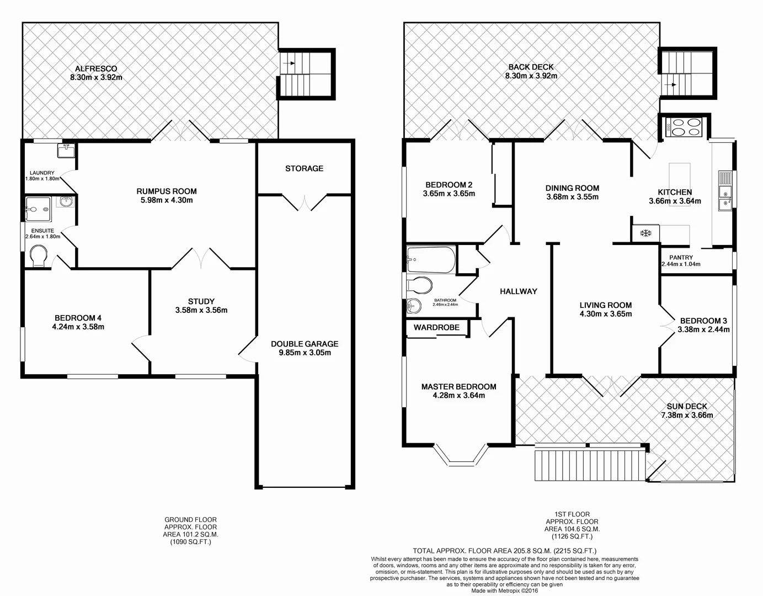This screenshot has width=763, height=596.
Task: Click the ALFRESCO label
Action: click(96, 68)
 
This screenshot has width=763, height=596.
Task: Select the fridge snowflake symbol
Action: click(644, 233)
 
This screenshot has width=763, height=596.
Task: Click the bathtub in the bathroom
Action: click(431, 259)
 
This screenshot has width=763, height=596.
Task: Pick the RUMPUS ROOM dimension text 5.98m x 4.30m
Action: click(167, 200)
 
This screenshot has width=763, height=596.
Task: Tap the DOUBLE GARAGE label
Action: click(305, 343)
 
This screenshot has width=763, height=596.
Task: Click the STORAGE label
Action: click(304, 168)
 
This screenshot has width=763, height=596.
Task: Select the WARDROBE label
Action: click(436, 327)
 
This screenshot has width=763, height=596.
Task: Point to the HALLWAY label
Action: click(518, 291)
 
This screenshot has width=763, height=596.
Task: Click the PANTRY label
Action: click(681, 257)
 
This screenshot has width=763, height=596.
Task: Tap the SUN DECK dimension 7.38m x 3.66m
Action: click(686, 416)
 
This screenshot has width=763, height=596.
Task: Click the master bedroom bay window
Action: click(461, 454)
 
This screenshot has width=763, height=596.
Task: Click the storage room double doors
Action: click(305, 202)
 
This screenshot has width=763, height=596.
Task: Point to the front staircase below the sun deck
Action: click(590, 465)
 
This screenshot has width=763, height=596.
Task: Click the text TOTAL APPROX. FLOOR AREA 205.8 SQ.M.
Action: click(504, 551)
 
